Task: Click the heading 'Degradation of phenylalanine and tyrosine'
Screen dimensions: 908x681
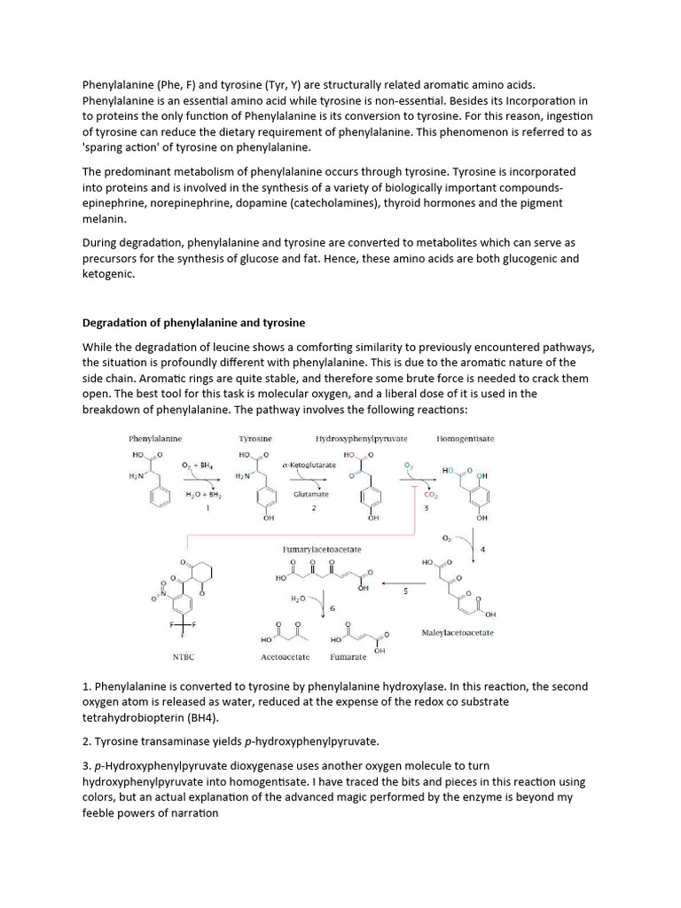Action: pos(193,322)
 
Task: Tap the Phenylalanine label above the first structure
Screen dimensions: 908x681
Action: pos(155,438)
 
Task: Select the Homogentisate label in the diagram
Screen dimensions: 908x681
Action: pos(466,438)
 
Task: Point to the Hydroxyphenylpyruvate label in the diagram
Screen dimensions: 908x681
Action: pos(361,438)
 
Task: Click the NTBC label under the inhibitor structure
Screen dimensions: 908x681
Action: pos(183,657)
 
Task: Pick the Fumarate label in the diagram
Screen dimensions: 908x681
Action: pos(348,657)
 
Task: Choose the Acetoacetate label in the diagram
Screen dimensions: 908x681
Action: pos(285,657)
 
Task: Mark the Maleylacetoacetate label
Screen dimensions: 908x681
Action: pos(458,633)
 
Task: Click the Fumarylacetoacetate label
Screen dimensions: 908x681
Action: pos(322,550)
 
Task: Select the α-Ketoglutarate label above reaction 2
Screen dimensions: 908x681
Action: pos(309,465)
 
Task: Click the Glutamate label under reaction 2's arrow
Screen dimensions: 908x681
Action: pos(311,494)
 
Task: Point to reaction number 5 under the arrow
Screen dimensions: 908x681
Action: pos(405,591)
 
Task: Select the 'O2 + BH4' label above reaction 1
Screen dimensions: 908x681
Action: pos(197,465)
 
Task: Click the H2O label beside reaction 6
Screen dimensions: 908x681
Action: pos(298,599)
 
